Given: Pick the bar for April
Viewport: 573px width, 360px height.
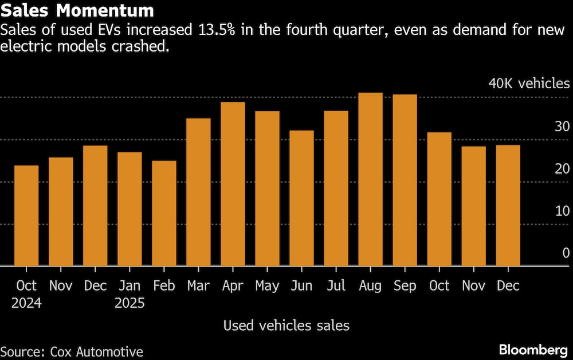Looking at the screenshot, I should [x=233, y=184].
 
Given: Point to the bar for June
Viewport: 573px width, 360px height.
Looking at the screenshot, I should [x=301, y=198].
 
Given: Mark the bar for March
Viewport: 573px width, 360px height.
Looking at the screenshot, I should [x=198, y=192].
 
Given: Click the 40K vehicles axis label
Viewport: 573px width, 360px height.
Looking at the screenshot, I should [x=529, y=84].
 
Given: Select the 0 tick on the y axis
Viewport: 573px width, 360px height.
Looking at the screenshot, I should [x=566, y=253].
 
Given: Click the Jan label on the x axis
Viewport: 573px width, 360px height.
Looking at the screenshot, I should [x=129, y=285].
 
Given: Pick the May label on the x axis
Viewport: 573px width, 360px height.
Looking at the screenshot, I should [x=267, y=285].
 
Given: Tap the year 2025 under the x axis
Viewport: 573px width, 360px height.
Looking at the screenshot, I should [x=129, y=303].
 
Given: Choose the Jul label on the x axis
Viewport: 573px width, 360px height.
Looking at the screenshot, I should [x=336, y=285].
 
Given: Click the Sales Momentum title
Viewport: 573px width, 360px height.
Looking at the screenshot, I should [x=77, y=11].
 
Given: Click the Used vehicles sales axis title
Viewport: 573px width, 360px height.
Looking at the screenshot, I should [x=286, y=326].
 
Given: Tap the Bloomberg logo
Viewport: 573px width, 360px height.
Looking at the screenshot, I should [x=534, y=350].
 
